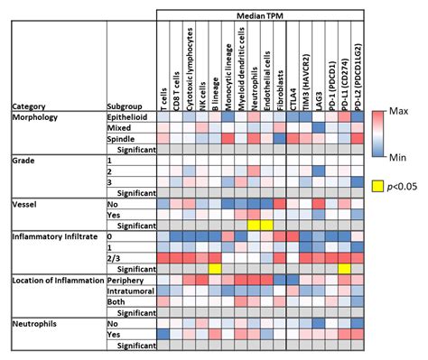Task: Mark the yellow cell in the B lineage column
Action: point(215,268)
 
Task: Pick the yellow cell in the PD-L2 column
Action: point(345,268)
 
